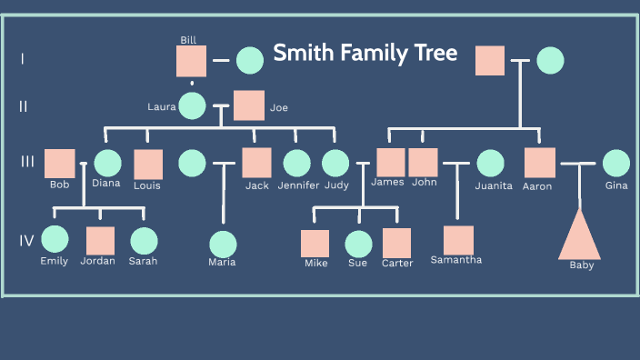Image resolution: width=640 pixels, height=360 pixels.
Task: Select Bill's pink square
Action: tap(191, 61)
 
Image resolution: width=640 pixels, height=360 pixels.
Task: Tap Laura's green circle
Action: tap(192, 105)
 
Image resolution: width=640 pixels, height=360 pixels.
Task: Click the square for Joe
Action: tap(249, 105)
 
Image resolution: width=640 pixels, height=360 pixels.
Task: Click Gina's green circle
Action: tap(615, 163)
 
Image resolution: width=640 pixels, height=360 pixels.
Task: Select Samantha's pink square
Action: tap(458, 240)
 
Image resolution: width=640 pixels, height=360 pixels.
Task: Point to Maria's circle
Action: tap(223, 245)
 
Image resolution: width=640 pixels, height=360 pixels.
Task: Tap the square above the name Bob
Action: tap(60, 163)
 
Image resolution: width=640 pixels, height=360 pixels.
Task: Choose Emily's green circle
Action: tap(55, 240)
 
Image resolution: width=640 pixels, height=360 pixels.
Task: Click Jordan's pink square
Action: tap(100, 241)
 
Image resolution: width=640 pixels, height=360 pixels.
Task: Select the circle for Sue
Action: tap(358, 245)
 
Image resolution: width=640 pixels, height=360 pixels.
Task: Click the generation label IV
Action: tap(27, 241)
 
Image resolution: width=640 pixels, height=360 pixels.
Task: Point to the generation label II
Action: tap(24, 106)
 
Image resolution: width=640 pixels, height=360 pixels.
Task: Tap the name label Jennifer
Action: tap(298, 185)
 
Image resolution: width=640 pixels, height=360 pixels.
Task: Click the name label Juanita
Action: tap(494, 185)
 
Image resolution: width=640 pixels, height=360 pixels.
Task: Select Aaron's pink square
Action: tap(540, 163)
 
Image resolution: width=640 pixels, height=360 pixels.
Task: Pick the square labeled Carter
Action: tap(397, 243)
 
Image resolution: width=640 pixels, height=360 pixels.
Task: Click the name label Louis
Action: tap(147, 185)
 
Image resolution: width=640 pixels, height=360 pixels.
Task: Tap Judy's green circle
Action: tap(335, 163)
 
